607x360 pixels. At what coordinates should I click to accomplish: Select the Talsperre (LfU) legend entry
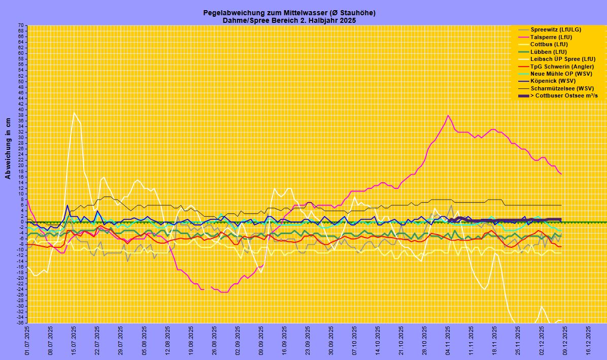(x=551, y=37)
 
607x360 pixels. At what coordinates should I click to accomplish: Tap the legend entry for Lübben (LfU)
(x=548, y=52)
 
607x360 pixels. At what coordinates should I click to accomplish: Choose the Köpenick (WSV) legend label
(x=553, y=81)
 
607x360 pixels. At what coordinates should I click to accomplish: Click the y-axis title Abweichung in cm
(x=8, y=149)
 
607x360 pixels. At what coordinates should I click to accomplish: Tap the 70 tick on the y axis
(x=21, y=25)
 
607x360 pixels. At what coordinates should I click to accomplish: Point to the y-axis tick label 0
(x=22, y=222)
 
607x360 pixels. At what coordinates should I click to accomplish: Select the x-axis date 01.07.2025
(x=27, y=341)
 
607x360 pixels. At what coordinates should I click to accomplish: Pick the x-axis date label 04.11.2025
(x=448, y=341)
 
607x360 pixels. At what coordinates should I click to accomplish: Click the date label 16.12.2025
(x=588, y=341)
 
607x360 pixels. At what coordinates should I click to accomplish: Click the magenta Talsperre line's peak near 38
(x=448, y=115)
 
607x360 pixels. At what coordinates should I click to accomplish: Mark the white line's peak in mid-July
(x=74, y=113)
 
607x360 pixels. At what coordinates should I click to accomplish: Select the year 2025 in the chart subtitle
(x=348, y=20)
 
